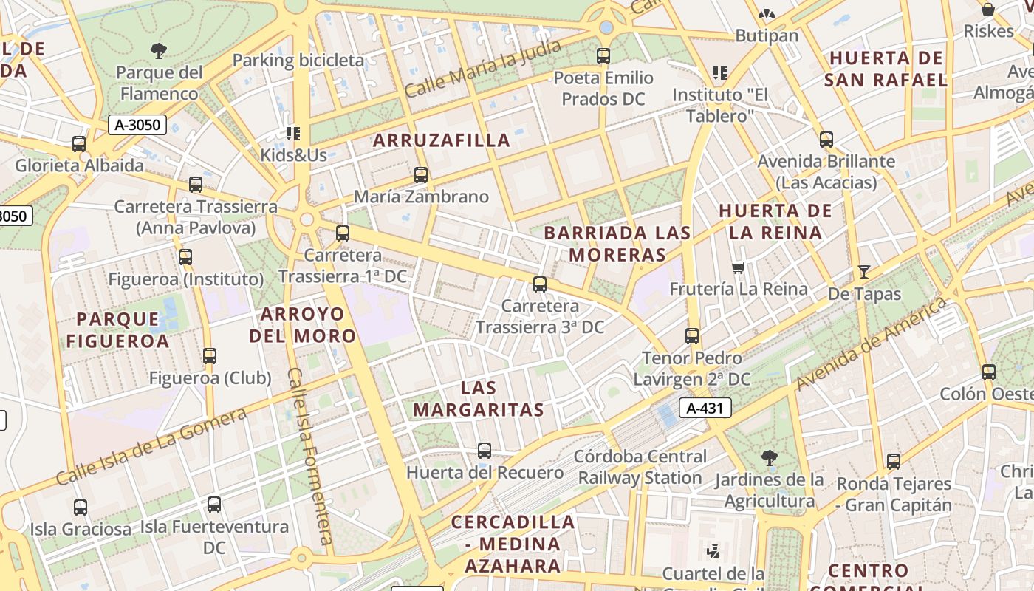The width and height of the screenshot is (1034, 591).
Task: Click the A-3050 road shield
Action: [x=137, y=124]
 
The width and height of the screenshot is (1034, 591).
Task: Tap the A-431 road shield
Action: [x=704, y=408]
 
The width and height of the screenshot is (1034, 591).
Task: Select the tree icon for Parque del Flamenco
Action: [x=158, y=51]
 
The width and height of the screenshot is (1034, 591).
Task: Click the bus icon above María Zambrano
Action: [x=421, y=175]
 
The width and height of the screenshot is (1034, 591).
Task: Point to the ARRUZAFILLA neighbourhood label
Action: [x=442, y=140]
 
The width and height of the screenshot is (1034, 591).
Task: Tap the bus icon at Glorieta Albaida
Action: [x=79, y=144]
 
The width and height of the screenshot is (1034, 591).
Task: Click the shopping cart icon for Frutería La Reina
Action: [x=738, y=267]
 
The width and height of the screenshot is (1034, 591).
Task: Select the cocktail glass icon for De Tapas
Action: [x=863, y=272]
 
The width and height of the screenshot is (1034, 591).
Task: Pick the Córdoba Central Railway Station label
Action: [x=640, y=467]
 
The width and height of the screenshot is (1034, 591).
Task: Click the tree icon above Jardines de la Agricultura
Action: [x=770, y=458]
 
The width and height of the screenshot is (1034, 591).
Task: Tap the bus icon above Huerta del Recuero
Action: [x=485, y=450]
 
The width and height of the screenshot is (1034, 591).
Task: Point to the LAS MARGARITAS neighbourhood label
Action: [x=479, y=398]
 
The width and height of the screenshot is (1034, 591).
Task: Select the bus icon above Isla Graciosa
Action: [x=81, y=508]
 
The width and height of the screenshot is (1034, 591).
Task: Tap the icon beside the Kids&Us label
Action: [x=293, y=134]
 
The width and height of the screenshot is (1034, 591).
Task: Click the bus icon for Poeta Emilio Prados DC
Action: [x=603, y=55]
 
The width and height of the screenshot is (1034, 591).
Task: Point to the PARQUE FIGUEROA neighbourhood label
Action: [x=117, y=329]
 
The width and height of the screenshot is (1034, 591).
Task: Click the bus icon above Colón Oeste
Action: [x=989, y=372]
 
